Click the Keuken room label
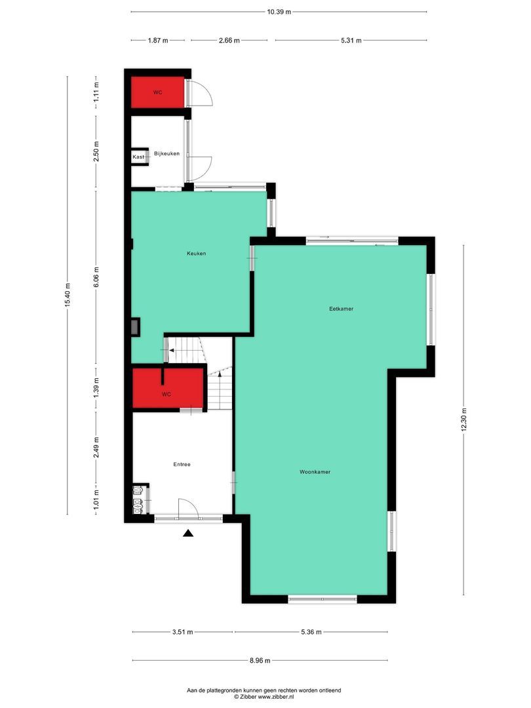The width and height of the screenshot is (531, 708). [196, 253]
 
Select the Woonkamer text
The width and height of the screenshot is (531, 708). [315, 472]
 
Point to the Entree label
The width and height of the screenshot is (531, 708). [182, 464]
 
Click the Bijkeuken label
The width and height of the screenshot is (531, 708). [167, 153]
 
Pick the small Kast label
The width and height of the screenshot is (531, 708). [138, 157]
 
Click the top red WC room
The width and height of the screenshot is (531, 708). [157, 92]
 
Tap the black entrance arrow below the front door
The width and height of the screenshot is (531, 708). [188, 534]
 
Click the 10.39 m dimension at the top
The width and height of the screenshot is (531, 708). [279, 12]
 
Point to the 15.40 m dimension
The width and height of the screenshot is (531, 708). [68, 296]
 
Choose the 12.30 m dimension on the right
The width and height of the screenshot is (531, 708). [464, 420]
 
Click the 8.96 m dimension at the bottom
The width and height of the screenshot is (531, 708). [260, 661]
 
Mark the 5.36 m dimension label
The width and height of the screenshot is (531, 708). [311, 633]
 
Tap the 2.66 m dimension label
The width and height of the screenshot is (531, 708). [229, 40]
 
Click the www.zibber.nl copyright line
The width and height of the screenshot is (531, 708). [265, 698]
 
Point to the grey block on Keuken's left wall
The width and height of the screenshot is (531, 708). [135, 326]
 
